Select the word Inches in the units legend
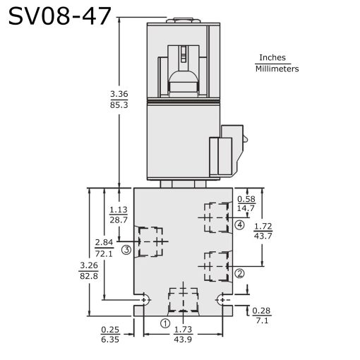274,58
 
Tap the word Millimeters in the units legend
277,69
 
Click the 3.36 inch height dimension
119,94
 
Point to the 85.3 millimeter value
119,104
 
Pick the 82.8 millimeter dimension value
88,275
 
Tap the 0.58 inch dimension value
246,198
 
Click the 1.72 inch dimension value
263,226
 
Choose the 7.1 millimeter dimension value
261,320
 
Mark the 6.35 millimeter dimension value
111,340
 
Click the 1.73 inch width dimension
182,330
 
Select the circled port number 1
165,324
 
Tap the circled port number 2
239,273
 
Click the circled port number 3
126,249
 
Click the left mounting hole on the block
145,299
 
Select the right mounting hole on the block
224,299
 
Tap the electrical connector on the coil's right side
228,150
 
